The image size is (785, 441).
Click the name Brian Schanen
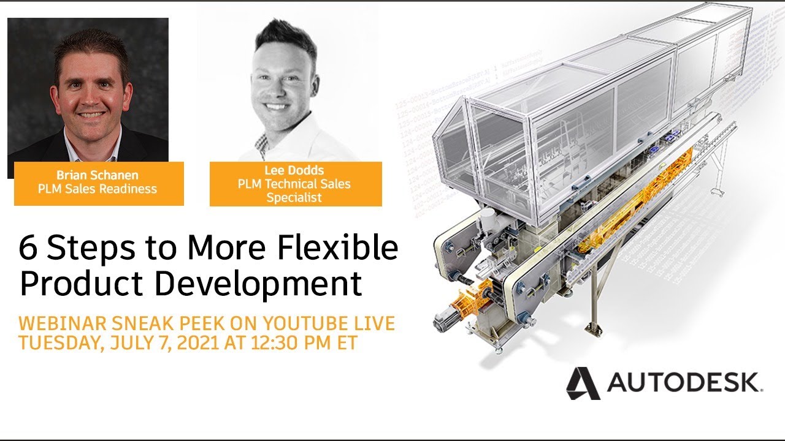98,175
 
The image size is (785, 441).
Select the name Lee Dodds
294,170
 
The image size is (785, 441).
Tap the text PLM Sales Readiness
98,189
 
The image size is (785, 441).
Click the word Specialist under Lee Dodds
294,197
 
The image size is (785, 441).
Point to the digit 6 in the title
27,248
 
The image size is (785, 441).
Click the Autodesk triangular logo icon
583,383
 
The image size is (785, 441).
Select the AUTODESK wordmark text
683,382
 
